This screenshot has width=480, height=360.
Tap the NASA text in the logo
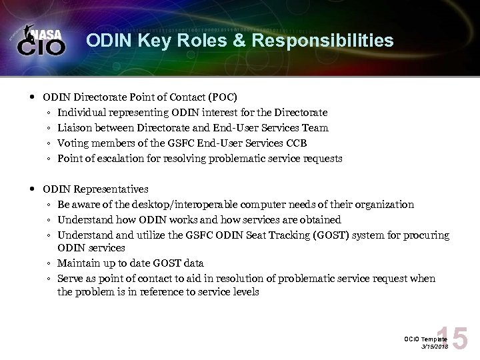50,33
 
